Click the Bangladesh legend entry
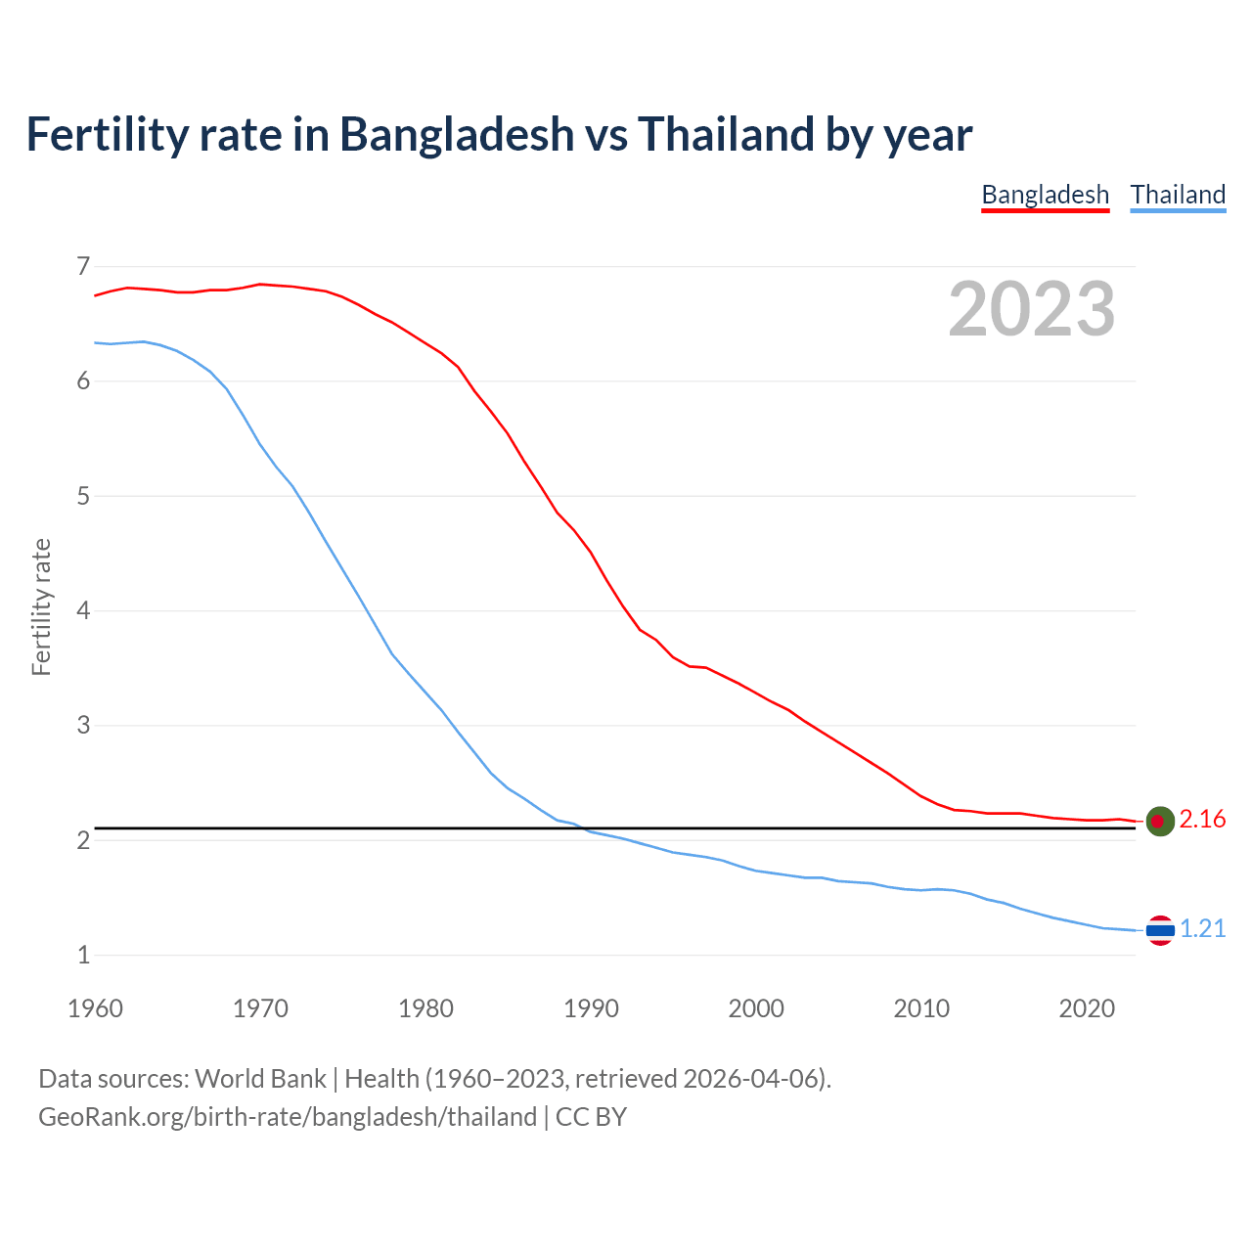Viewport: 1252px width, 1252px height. (1045, 195)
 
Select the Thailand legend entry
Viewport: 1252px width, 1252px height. (1178, 195)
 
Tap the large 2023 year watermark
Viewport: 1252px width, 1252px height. (1031, 309)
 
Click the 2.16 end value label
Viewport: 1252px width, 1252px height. (1202, 820)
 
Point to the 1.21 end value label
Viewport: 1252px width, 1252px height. (1202, 929)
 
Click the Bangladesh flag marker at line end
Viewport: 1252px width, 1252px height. (1160, 822)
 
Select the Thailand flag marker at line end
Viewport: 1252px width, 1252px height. (1160, 930)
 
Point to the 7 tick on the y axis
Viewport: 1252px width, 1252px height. (83, 266)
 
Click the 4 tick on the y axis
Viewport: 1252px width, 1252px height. (83, 610)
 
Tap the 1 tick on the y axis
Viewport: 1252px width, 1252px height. (83, 956)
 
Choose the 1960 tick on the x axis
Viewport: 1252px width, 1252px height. (95, 1008)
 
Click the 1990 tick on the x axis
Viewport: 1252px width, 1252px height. (591, 1008)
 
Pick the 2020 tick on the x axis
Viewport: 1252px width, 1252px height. (1087, 1008)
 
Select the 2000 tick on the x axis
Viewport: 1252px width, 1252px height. (756, 1008)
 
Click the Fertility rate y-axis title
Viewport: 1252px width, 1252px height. (41, 607)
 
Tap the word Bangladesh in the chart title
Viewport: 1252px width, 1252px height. (457, 134)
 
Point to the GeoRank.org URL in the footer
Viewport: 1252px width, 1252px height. (288, 1117)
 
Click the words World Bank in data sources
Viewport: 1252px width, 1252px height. (260, 1079)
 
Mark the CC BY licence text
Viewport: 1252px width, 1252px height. (591, 1117)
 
